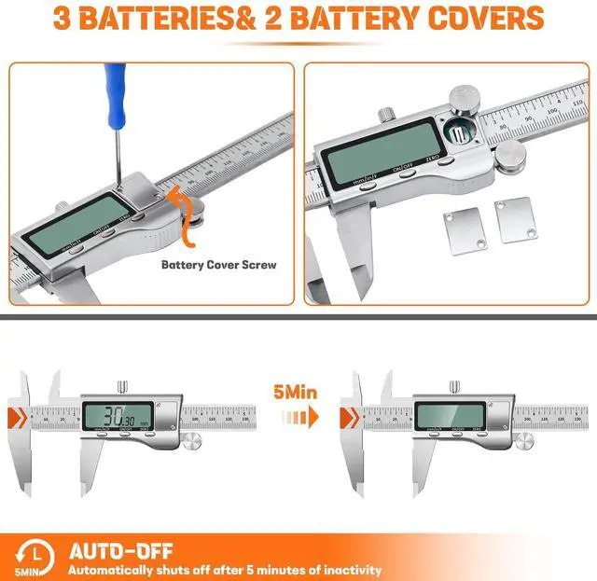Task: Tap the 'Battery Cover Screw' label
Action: [218, 264]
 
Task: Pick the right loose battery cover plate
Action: [514, 220]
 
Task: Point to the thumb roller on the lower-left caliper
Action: [193, 441]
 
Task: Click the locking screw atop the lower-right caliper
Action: [454, 386]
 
